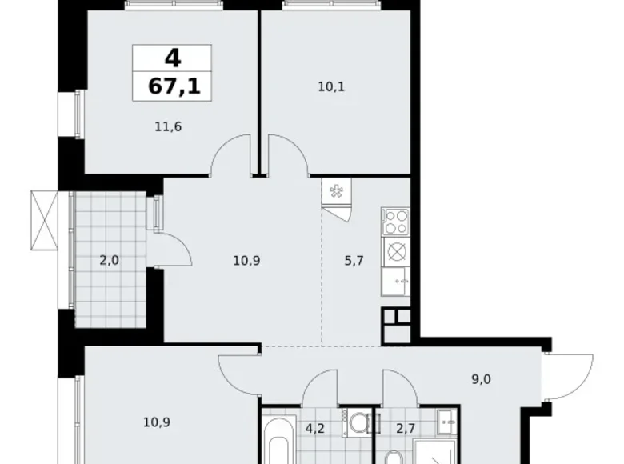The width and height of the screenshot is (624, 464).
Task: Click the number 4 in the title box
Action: [171, 58]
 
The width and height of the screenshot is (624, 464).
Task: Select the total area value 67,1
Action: [171, 86]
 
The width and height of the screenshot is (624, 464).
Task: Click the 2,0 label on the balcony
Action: [110, 260]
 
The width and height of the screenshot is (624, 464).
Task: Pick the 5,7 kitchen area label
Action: [353, 260]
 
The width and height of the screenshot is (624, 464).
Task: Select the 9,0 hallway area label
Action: [480, 381]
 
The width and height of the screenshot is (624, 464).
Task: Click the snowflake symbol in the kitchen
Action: [337, 192]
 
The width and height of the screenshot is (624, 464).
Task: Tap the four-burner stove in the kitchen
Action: [395, 220]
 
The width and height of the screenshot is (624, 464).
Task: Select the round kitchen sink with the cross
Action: [395, 252]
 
